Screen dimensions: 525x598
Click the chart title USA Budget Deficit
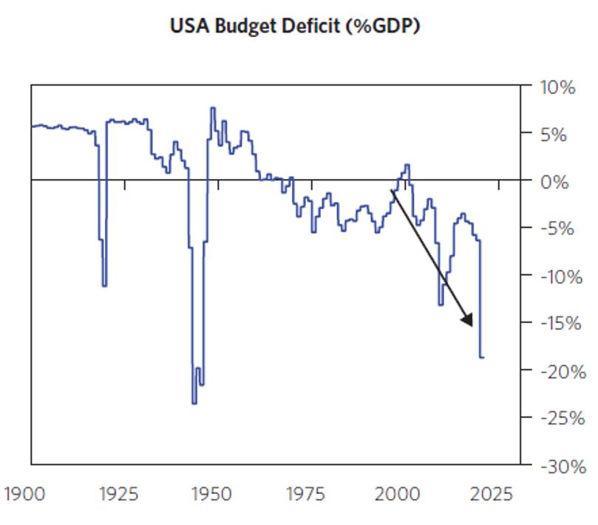(x=296, y=27)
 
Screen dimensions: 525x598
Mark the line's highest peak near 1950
(x=213, y=108)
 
